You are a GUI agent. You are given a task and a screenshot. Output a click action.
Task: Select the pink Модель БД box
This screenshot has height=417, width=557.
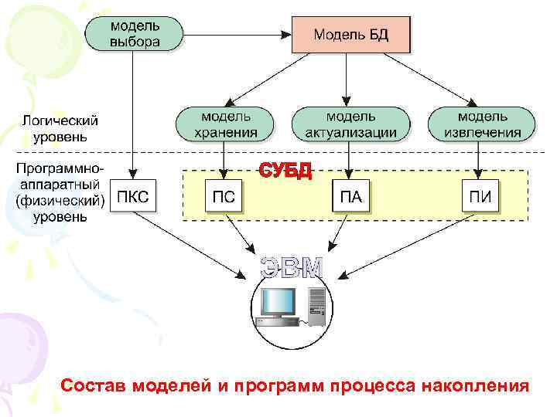350,35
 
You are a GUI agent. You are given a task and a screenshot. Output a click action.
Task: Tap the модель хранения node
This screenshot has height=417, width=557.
225,124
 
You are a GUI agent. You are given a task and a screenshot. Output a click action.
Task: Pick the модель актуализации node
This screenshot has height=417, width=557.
350,124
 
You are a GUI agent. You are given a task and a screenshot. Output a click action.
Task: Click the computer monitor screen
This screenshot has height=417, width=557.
278,301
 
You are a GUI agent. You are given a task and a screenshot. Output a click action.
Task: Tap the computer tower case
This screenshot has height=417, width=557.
316,307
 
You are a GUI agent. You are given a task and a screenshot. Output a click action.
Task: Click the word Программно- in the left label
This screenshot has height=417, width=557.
60,168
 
